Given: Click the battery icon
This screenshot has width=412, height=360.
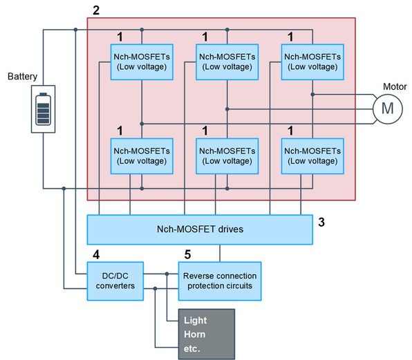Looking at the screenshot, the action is pos(43,109).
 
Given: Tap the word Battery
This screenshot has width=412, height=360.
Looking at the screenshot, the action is pos(22,77).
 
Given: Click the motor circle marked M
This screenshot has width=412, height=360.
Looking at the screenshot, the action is pos(387,109).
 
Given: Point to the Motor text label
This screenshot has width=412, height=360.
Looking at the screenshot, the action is pos(395,86).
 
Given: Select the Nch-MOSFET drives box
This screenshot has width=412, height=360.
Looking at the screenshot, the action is pos(200,230).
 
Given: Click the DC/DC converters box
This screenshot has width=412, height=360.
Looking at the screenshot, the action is pos(115,281).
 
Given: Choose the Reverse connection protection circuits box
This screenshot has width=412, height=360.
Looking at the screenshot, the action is pos(220,281).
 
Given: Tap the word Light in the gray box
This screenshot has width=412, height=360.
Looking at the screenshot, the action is pos(195,321).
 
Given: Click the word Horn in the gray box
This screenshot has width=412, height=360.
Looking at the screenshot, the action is pos(195,334).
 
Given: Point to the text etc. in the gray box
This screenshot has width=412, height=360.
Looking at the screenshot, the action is pos(191,349).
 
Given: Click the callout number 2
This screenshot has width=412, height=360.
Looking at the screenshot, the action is pos(96,10).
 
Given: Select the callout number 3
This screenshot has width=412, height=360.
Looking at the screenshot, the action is pos(321,222).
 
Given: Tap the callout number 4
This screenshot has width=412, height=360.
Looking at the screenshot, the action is pos(96,255).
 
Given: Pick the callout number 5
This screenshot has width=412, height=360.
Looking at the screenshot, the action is pos(187,255).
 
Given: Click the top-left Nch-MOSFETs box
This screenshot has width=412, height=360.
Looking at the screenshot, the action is pos(142,62).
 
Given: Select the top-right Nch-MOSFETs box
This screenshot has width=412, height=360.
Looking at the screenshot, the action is pos(312,62).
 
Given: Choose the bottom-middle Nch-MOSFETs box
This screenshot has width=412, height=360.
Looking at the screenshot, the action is pos(227,156).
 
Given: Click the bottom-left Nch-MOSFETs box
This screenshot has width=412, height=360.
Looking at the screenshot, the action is pos(142,156).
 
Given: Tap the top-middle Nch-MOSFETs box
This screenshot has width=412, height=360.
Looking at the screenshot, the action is pos(227,62).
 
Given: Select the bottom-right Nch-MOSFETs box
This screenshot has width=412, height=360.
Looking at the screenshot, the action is pos(312,156).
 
